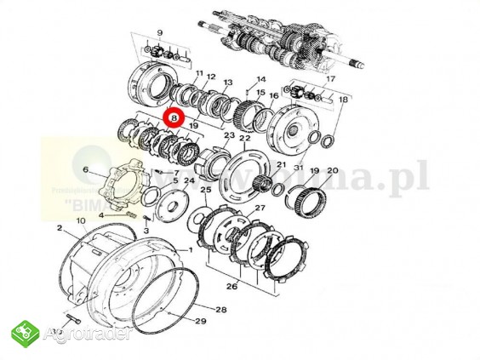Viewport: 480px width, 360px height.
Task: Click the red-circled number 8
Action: coord(174,118)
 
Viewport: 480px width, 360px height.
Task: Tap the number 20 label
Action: coord(332,170)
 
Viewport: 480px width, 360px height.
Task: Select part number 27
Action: coord(259,208)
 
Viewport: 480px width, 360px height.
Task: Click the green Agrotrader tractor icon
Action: coord(25,334)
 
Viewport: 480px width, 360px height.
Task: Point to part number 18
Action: coord(343,100)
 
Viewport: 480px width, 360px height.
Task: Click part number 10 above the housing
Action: coord(81,221)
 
